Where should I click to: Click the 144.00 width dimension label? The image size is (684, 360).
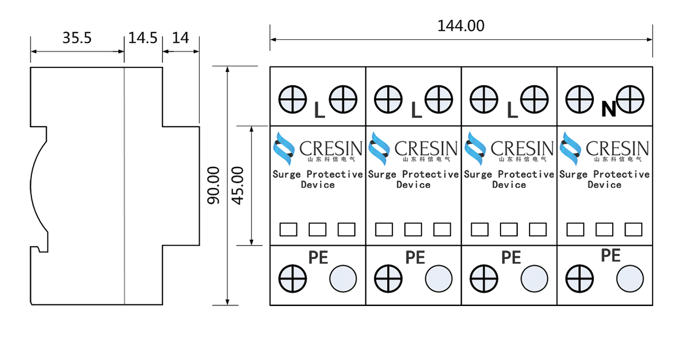pos(460,26)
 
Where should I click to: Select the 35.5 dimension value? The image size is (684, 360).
pos(77,39)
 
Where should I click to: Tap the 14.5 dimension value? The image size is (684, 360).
pos(143,39)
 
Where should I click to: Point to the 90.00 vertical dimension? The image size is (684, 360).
pos(214,186)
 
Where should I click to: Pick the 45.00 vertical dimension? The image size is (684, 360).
pos(238,186)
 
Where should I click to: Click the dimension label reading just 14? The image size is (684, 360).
pos(180,39)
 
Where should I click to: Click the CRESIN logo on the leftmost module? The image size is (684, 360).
pos(317,148)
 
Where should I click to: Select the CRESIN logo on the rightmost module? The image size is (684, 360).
pos(604,148)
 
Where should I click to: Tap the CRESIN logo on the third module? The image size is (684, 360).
pos(509,148)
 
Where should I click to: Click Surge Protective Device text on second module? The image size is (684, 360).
pos(414,179)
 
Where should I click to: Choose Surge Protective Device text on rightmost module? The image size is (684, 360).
pos(604,179)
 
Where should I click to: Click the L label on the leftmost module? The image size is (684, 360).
pos(320,110)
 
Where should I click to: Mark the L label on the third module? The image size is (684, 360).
pos(512,110)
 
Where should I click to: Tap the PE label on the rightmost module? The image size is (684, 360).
pos(611,255)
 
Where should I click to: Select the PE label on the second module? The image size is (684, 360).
pos(415,257)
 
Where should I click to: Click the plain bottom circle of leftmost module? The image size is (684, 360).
pos(343,280)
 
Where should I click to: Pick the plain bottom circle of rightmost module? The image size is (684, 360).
pos(630,280)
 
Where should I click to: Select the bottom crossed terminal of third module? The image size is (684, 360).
pos(484,280)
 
